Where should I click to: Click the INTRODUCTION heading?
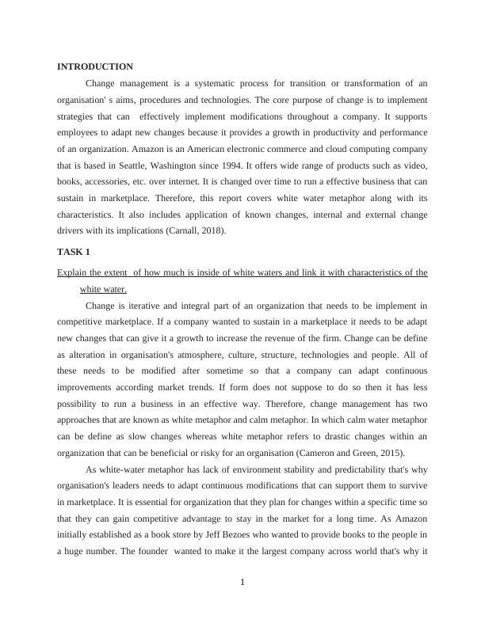pyautogui.click(x=95, y=66)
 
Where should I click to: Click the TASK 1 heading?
pyautogui.click(x=74, y=252)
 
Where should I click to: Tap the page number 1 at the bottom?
pyautogui.click(x=242, y=583)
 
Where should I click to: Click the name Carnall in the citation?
pyautogui.click(x=182, y=231)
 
